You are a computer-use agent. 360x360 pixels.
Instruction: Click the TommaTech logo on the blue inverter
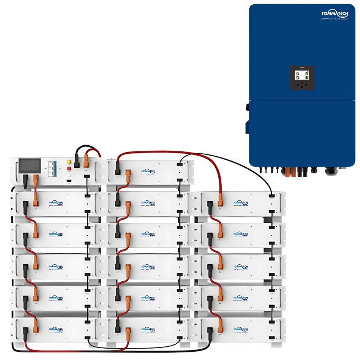pyautogui.click(x=335, y=15)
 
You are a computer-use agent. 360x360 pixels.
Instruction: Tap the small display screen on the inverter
pyautogui.click(x=301, y=77)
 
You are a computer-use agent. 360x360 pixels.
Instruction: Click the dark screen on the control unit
pyautogui.click(x=29, y=166)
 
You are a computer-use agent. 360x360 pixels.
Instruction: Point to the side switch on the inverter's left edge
pyautogui.click(x=247, y=108)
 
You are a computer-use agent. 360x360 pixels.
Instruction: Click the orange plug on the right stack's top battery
pyautogui.click(x=220, y=198)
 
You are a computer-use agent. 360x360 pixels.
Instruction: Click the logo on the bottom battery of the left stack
pyautogui.click(x=56, y=330)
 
